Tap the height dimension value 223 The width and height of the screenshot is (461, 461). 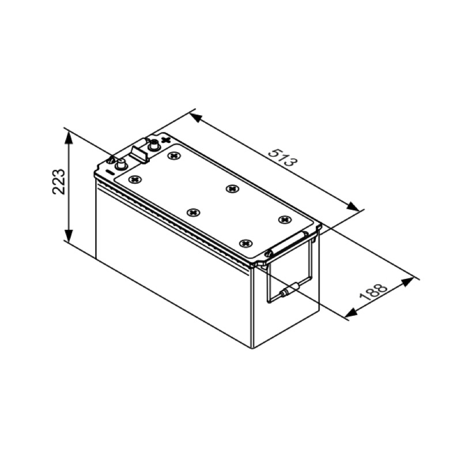pos(59,182)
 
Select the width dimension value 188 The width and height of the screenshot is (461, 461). pos(373,292)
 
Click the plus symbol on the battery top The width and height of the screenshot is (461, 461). pos(167,139)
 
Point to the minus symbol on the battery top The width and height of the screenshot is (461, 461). pos(109,172)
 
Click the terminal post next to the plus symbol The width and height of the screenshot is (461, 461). pos(154,145)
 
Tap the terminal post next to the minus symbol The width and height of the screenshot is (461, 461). pos(121,164)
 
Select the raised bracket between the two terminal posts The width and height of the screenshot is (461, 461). pos(139,153)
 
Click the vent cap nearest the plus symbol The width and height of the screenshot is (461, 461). pos(174,156)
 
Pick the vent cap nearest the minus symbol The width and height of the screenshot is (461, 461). pos(135,179)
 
